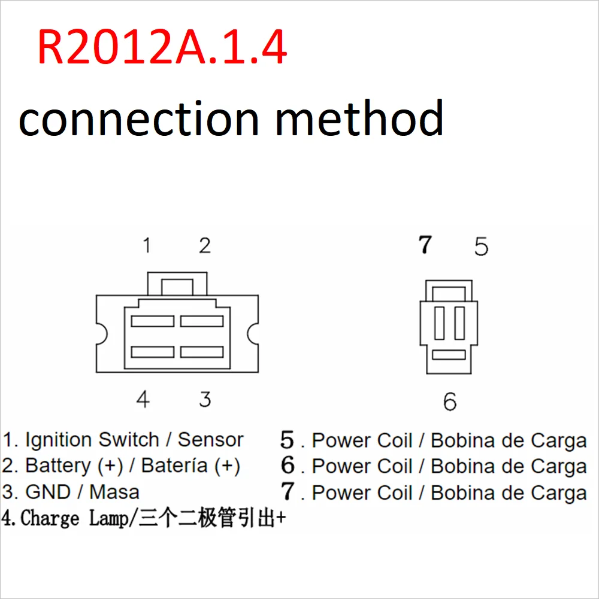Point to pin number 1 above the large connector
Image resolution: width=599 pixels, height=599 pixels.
pyautogui.click(x=146, y=245)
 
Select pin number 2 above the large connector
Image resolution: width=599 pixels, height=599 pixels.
pyautogui.click(x=205, y=245)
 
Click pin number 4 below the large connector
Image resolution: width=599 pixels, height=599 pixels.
pyautogui.click(x=143, y=399)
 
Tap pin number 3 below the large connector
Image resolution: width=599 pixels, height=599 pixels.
pyautogui.click(x=205, y=399)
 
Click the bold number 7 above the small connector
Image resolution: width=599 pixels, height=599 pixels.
pyautogui.click(x=425, y=245)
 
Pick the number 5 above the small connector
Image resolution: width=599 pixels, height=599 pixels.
pyautogui.click(x=481, y=247)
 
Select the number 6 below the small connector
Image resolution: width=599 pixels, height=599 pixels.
pyautogui.click(x=450, y=402)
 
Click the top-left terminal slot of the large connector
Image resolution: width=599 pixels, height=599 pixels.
pyautogui.click(x=152, y=321)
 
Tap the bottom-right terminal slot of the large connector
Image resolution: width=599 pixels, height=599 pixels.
pyautogui.click(x=202, y=352)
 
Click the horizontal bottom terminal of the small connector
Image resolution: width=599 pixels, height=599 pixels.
pyautogui.click(x=449, y=355)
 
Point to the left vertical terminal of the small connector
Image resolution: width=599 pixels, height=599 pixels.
pyautogui.click(x=440, y=323)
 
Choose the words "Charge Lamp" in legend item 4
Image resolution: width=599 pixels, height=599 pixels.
pyautogui.click(x=74, y=518)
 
